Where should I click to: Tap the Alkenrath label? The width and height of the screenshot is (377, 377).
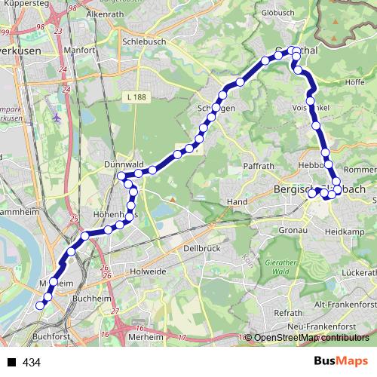(106, 14)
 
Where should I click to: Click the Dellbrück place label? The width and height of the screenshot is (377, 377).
(201, 247)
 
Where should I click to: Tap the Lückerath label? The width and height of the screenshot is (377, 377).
(358, 271)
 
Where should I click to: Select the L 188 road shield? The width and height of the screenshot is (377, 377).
(137, 97)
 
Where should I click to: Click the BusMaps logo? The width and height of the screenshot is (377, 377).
(339, 361)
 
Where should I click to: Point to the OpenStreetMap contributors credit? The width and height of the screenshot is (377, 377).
(311, 338)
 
